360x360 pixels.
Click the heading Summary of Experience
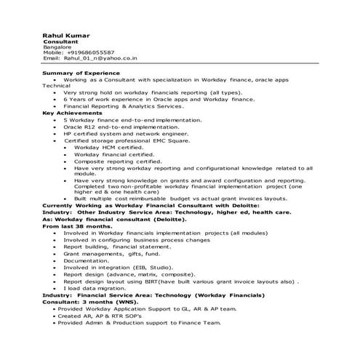81,73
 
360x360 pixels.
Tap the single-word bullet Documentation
86,260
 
